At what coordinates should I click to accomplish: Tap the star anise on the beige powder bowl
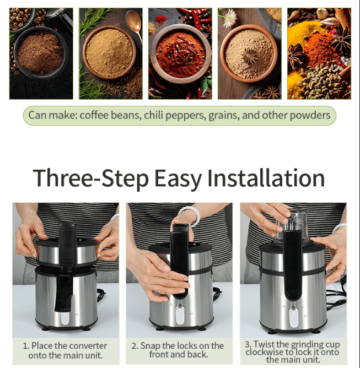[250, 57]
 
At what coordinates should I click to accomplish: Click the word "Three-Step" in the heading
[90, 178]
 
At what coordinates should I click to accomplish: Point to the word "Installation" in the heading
[266, 178]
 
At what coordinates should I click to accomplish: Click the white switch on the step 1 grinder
[65, 318]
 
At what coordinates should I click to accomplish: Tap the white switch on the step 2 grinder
[179, 315]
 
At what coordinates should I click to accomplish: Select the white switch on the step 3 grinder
[293, 317]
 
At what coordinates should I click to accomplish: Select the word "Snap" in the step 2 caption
[150, 346]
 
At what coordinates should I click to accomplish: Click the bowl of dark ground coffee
[40, 53]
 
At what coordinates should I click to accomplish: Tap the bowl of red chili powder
[180, 53]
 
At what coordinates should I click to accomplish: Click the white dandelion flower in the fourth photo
[230, 17]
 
